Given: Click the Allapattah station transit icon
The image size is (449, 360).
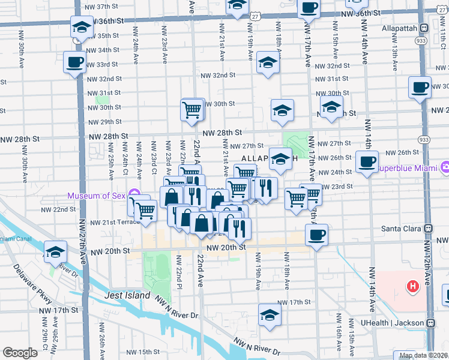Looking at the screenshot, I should (x=424, y=28).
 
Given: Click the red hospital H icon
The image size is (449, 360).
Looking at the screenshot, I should (x=413, y=287).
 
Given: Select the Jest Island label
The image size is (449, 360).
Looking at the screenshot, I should (x=127, y=296).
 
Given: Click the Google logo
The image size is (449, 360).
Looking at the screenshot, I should (x=20, y=353).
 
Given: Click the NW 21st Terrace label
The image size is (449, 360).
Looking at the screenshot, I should (x=114, y=222).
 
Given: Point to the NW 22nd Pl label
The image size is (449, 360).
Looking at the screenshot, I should (x=179, y=271).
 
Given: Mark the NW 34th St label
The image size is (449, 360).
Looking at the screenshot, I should (x=104, y=50).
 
